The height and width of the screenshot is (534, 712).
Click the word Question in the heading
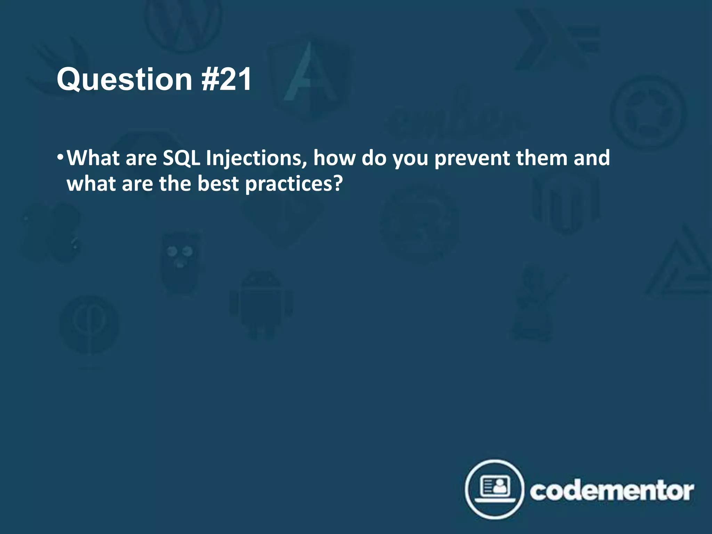(x=124, y=80)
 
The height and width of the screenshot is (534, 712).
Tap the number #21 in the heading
(x=226, y=80)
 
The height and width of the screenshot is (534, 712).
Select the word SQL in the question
(x=181, y=159)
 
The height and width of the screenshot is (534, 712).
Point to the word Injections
(x=256, y=159)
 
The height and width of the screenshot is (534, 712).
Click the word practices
(x=289, y=184)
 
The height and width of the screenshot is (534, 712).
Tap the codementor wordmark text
(x=612, y=491)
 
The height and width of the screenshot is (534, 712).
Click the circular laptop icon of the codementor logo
(x=494, y=489)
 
